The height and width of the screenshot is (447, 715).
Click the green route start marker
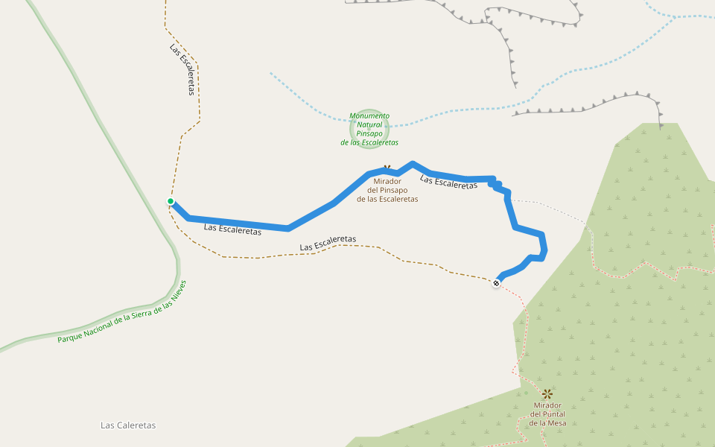pos(171,201)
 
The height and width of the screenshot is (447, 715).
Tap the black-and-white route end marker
pos(497,283)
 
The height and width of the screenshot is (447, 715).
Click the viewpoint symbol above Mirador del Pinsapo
pos(387,169)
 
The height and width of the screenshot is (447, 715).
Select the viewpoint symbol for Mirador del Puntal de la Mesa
pos(547,393)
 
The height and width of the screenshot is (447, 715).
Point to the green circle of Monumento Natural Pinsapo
pos(369,129)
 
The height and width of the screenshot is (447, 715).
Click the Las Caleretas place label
pos(128,425)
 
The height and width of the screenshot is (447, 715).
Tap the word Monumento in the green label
pos(369,115)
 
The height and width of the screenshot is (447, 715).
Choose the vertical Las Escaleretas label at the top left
pos(182,69)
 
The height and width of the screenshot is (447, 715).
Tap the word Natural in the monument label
pos(369,124)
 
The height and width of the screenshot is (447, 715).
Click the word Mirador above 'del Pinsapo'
pos(387,181)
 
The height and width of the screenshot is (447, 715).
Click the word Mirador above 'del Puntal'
pos(547,405)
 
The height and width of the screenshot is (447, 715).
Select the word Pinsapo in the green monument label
pos(369,133)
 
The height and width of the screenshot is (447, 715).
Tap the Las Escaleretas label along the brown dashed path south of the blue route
pos(328,243)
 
